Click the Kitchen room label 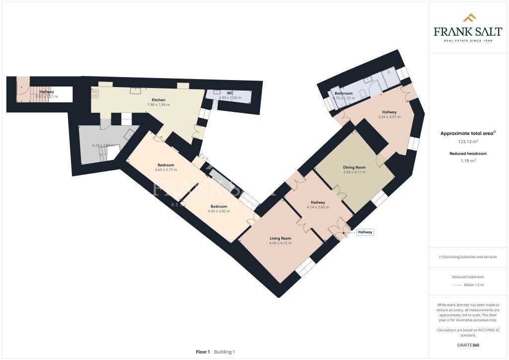point(159,100)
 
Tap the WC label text point(230,93)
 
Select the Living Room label point(280,238)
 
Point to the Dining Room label point(354,168)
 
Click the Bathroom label point(343,93)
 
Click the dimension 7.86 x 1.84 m point(159,105)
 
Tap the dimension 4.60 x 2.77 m point(166,170)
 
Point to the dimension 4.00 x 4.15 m point(280,243)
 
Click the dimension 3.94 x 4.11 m point(354,173)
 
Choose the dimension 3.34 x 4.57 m point(389,117)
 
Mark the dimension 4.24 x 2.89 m point(103,145)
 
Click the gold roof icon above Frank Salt point(469,18)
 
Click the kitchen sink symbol point(135,90)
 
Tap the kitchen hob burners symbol point(94,93)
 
